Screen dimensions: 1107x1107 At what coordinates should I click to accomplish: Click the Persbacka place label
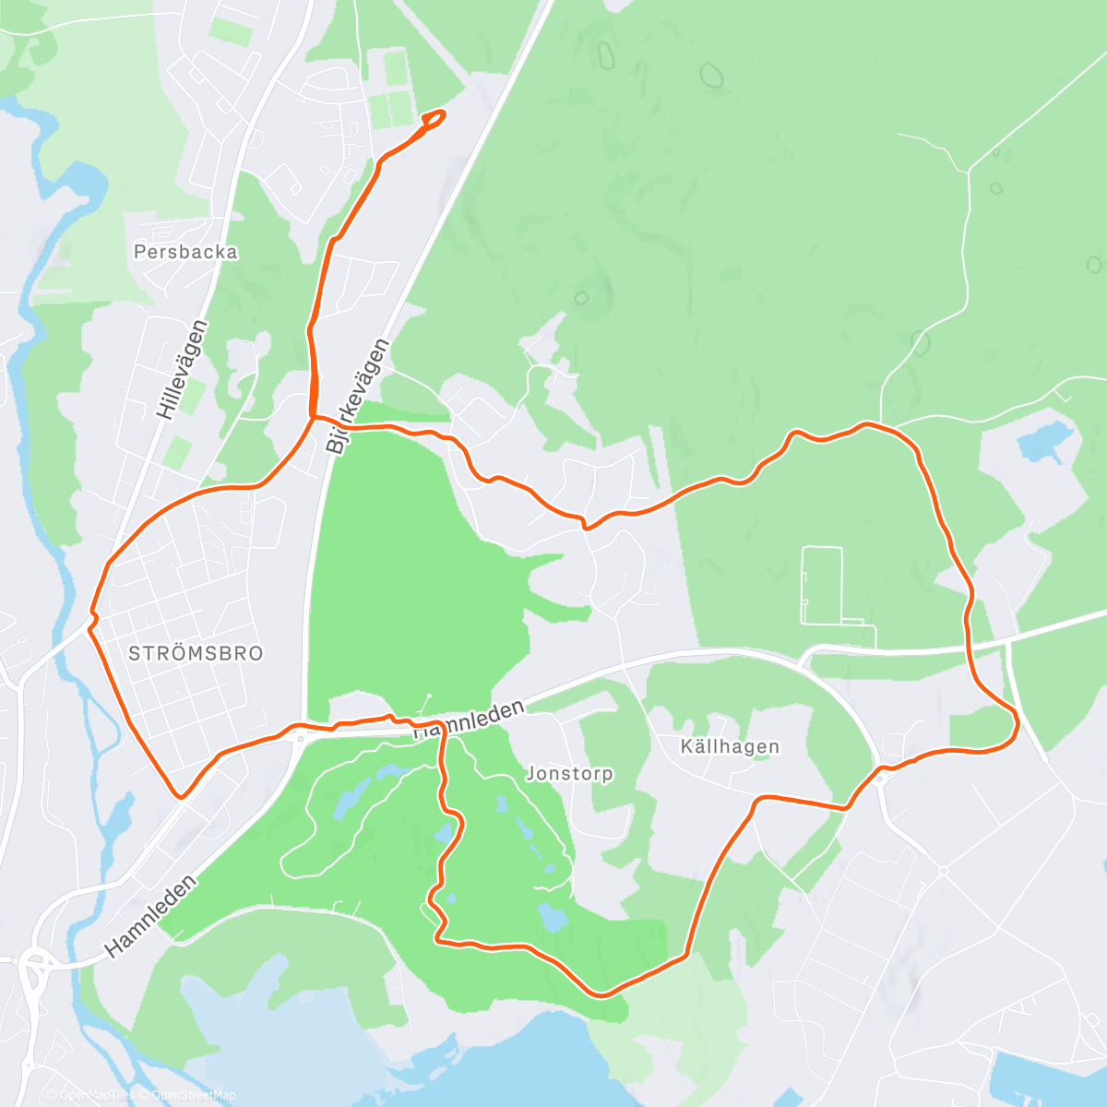(x=185, y=252)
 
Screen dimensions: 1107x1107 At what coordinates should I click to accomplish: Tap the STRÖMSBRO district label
(x=196, y=653)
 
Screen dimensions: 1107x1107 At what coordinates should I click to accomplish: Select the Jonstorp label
(x=569, y=774)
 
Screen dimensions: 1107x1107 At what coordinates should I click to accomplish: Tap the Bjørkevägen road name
(x=358, y=395)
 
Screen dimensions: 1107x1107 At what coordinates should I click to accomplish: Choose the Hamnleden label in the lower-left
(x=151, y=916)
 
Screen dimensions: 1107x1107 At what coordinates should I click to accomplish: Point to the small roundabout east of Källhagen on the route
(x=881, y=778)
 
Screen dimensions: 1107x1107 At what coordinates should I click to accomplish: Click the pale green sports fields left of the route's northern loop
(x=390, y=90)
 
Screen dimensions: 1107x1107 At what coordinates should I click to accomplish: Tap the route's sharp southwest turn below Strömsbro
(x=182, y=793)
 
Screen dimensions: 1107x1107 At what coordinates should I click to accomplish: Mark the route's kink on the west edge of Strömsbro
(x=92, y=619)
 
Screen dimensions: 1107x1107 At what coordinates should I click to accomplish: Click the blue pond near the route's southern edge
(x=553, y=918)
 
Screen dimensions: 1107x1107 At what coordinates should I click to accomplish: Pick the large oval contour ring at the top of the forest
(x=710, y=75)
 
